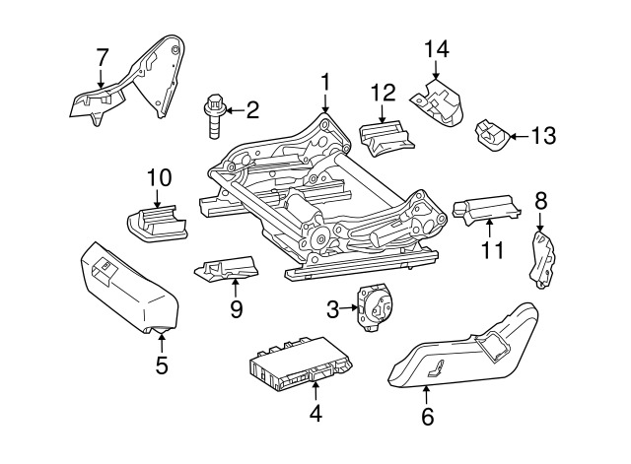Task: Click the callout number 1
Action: (325, 83)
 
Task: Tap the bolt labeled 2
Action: (213, 116)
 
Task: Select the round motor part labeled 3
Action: (372, 309)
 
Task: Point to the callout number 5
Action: (162, 366)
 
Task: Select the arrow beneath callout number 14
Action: (436, 70)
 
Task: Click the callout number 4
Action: (315, 414)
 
